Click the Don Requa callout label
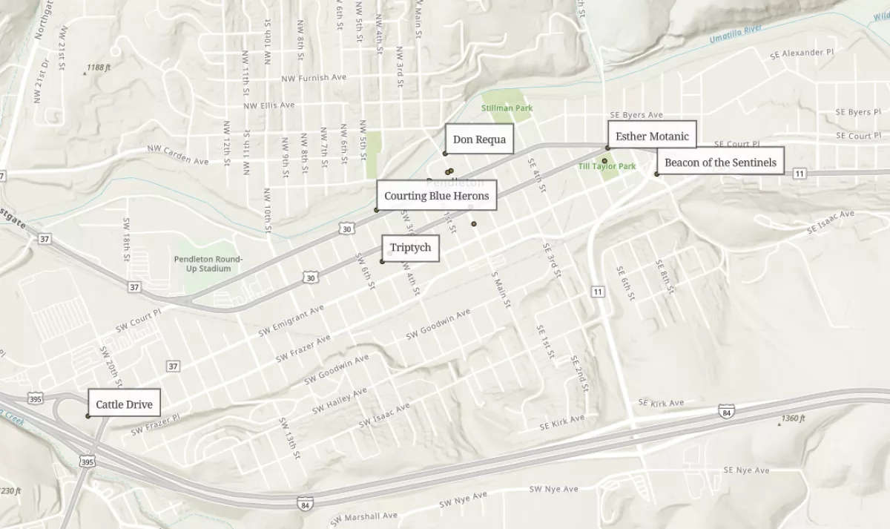[479, 139]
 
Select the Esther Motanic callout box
[652, 137]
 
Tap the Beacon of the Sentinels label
[720, 162]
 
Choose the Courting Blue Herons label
[436, 196]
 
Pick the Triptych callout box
[410, 248]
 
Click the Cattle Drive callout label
[124, 404]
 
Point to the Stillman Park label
[507, 108]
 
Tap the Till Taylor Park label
[607, 167]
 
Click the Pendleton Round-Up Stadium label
[208, 263]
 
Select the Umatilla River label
[736, 33]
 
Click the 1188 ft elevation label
[98, 68]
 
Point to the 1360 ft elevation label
[792, 419]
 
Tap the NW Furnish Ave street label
[314, 78]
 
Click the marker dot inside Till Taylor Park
[604, 161]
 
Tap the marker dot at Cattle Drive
[88, 416]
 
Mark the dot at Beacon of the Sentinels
[656, 174]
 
